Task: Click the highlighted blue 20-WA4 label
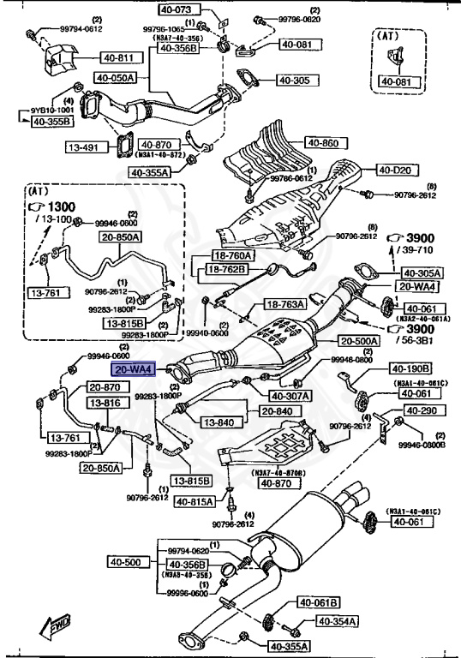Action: (x=133, y=369)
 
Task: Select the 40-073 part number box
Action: (x=177, y=10)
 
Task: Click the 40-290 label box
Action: (x=422, y=411)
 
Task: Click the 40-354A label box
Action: (x=338, y=620)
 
